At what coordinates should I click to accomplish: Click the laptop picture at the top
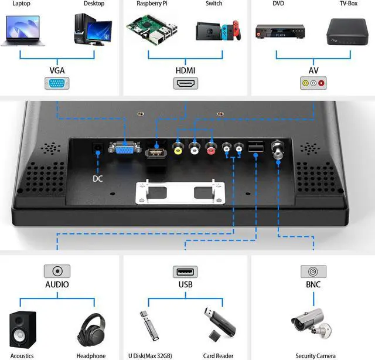(x=22, y=30)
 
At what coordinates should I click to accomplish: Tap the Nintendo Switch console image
(x=217, y=31)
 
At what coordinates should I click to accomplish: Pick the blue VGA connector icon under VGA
(x=57, y=83)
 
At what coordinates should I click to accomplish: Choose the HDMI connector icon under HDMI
(x=186, y=83)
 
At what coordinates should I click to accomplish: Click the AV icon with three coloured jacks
(x=313, y=83)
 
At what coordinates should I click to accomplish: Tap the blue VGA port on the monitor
(x=123, y=150)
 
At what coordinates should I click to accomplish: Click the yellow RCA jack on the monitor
(x=178, y=150)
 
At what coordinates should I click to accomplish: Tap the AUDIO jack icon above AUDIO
(x=57, y=271)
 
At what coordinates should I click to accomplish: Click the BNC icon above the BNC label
(x=313, y=271)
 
